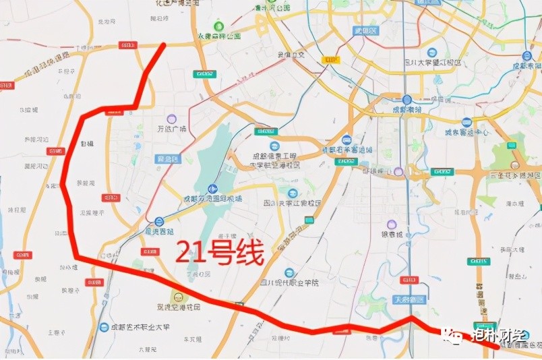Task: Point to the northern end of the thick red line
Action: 165,44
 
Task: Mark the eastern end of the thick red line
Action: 498,347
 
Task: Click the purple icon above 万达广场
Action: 172,119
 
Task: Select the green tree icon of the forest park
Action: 218,26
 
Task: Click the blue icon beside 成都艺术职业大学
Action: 103,327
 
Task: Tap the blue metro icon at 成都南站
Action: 407,99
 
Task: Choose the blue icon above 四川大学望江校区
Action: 432,52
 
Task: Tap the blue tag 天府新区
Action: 409,299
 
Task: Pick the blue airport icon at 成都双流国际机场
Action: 213,189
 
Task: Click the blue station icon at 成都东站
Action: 526,56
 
